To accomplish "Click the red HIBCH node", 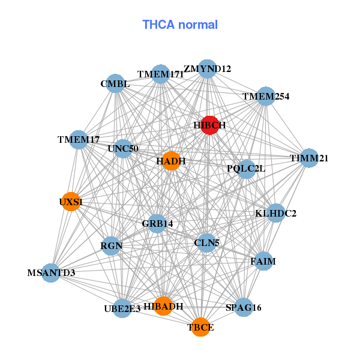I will tap(209, 125).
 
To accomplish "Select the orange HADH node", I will tap(171, 161).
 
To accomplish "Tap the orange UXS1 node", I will tap(71, 202).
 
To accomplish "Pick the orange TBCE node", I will tap(200, 327).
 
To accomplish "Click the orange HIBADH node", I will tap(163, 306).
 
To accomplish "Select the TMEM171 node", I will tap(160, 74).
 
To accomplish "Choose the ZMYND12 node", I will tap(207, 69).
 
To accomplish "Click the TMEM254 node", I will tap(266, 96).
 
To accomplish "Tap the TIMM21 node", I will tap(309, 158).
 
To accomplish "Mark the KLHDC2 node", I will tap(275, 212).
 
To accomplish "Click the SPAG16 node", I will tap(243, 307).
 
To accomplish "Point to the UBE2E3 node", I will tap(122, 308).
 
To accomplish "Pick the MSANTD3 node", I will tap(52, 273).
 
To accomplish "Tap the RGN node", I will tap(111, 245).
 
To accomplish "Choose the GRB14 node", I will tap(157, 223).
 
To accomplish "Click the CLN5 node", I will tap(206, 243).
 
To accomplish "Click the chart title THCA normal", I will tap(180, 25).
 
